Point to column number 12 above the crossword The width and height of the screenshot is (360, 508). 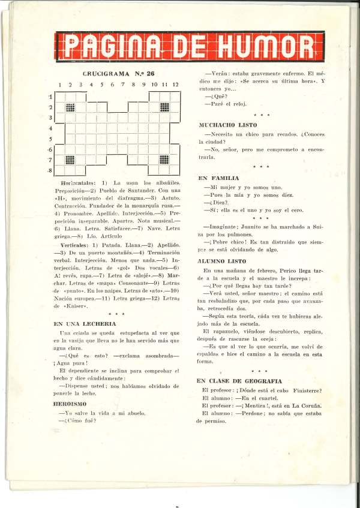[175, 85]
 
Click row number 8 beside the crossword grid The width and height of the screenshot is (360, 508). [50, 171]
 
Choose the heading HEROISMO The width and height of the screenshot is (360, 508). [70, 404]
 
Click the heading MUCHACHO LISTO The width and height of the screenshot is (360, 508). [228, 125]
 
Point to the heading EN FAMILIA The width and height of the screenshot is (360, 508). [218, 178]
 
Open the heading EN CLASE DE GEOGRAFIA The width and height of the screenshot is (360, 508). [239, 381]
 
